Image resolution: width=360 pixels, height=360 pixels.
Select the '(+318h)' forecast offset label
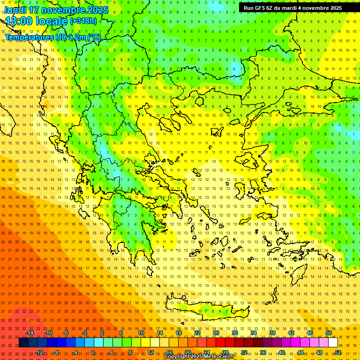coord(83,21)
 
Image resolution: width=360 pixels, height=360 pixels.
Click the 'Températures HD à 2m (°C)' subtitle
coord(52,37)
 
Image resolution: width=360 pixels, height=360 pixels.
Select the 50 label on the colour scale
coord(328,333)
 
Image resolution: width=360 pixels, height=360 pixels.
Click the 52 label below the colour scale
coord(337,352)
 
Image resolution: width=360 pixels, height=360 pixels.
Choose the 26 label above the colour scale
coord(216,333)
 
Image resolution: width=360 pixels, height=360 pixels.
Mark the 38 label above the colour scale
coord(272,333)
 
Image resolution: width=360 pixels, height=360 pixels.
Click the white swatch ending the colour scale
coord(333,343)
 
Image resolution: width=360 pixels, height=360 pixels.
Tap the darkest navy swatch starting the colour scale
coord(23,343)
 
